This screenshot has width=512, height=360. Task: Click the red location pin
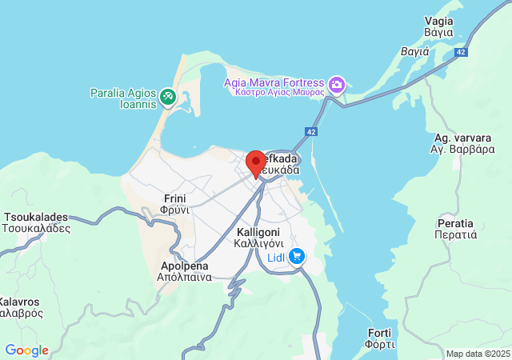(x=255, y=163)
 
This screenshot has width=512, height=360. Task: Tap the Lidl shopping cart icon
(x=297, y=256)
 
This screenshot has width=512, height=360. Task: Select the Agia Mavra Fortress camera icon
(x=337, y=84)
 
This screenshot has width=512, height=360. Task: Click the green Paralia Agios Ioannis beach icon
(x=167, y=97)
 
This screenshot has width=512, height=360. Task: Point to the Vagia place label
(x=439, y=26)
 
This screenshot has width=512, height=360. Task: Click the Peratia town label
(x=455, y=228)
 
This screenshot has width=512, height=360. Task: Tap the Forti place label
(x=380, y=338)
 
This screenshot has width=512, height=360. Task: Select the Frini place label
(x=175, y=203)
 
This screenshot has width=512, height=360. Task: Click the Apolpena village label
(x=185, y=271)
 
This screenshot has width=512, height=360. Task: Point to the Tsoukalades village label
(x=36, y=222)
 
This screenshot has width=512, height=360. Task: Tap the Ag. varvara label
(x=459, y=143)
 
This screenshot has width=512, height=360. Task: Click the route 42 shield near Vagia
(x=460, y=51)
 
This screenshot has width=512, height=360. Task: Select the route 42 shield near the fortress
(x=310, y=131)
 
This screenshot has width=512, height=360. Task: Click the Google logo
(x=26, y=350)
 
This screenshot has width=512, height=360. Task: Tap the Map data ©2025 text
(x=478, y=354)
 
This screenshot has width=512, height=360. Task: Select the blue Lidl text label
(x=277, y=257)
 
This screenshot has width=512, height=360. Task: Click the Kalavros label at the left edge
(x=20, y=307)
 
